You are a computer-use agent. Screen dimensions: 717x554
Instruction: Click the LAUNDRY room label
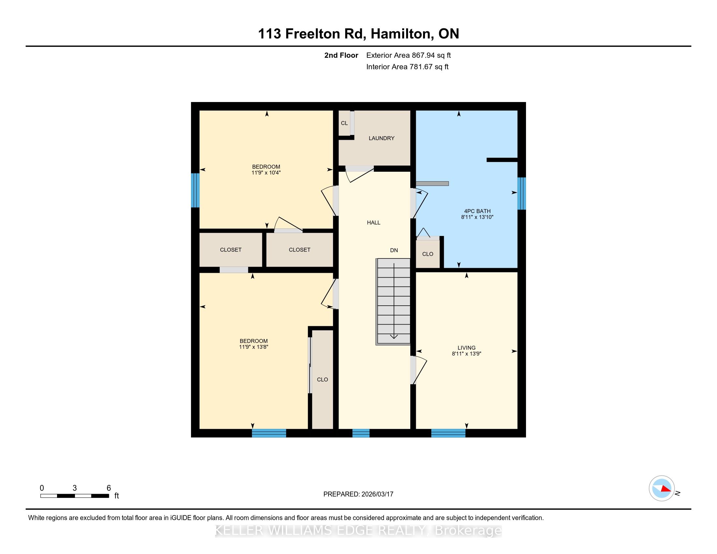click(381, 138)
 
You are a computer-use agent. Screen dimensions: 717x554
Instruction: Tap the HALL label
click(373, 223)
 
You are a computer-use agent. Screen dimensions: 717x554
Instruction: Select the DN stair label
click(394, 250)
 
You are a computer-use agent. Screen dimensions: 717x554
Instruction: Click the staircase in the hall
click(393, 302)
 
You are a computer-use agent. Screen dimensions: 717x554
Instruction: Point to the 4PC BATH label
click(477, 211)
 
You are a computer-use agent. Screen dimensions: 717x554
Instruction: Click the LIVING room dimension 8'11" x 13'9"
click(466, 354)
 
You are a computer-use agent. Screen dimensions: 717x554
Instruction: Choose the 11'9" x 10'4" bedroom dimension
click(266, 173)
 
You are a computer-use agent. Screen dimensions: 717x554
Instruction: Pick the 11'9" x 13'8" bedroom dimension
click(254, 347)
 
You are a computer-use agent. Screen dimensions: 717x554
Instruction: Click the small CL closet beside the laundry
click(344, 123)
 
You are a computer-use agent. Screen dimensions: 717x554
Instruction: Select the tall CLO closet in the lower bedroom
click(322, 379)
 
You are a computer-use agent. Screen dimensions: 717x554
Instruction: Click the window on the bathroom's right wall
click(522, 193)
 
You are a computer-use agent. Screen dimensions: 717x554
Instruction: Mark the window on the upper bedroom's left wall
click(195, 190)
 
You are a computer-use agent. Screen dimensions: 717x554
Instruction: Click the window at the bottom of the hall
click(361, 433)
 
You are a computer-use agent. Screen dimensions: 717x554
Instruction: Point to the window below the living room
click(448, 433)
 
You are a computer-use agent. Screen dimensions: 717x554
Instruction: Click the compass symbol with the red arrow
click(662, 488)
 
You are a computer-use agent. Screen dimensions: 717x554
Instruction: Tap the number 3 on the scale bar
click(75, 488)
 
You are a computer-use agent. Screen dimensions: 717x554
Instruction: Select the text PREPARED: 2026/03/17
click(358, 494)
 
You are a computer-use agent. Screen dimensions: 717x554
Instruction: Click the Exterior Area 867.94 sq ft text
click(408, 55)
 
